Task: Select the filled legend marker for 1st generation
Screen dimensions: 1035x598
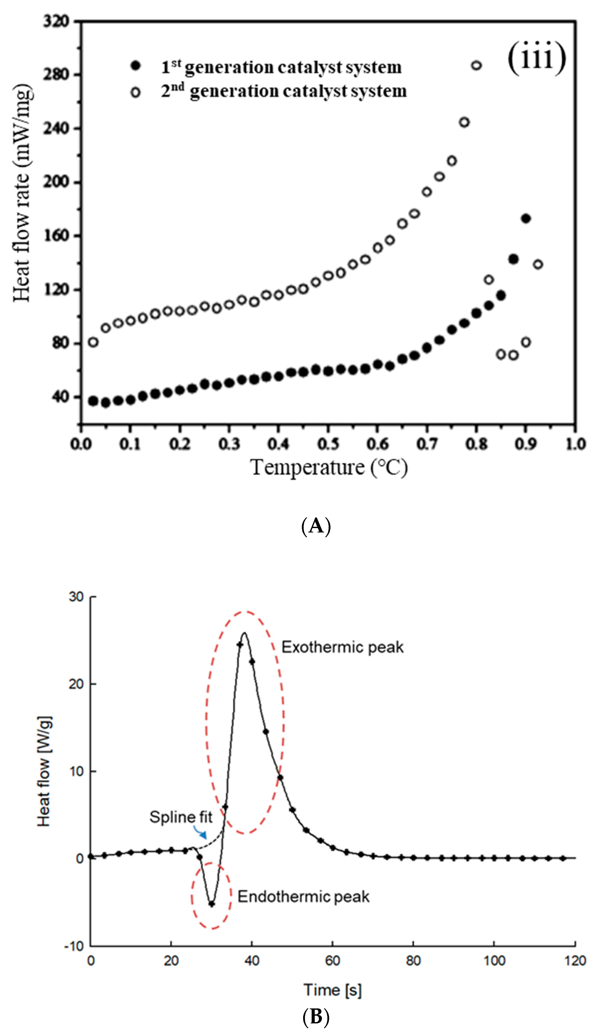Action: point(135,66)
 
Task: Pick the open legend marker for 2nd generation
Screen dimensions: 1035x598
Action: point(135,92)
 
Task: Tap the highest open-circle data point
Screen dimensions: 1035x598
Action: point(476,65)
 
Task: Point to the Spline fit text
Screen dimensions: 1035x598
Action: point(181,817)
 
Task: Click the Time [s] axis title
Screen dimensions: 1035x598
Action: point(333,990)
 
